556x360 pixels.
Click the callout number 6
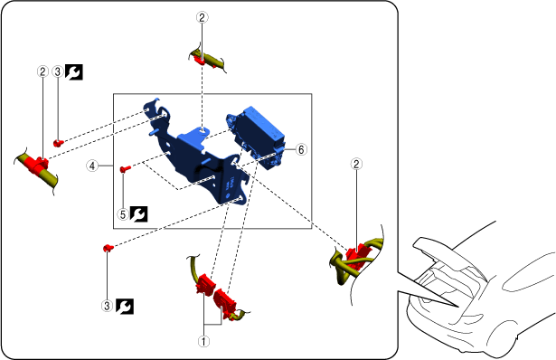301,149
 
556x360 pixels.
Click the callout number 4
92,166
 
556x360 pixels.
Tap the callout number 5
123,214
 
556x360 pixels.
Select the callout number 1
203,342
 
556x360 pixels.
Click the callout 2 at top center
203,17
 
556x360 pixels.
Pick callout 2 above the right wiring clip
356,164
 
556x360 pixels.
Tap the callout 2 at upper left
42,71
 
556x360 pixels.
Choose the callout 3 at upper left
58,71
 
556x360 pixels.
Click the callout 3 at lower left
107,306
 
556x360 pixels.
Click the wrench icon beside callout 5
138,214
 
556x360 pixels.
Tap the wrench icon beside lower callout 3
125,306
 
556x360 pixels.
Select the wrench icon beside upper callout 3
74,72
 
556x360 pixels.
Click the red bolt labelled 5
125,169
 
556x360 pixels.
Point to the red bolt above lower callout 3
108,248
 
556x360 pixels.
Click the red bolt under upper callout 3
59,143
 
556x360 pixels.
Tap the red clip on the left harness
36,165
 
